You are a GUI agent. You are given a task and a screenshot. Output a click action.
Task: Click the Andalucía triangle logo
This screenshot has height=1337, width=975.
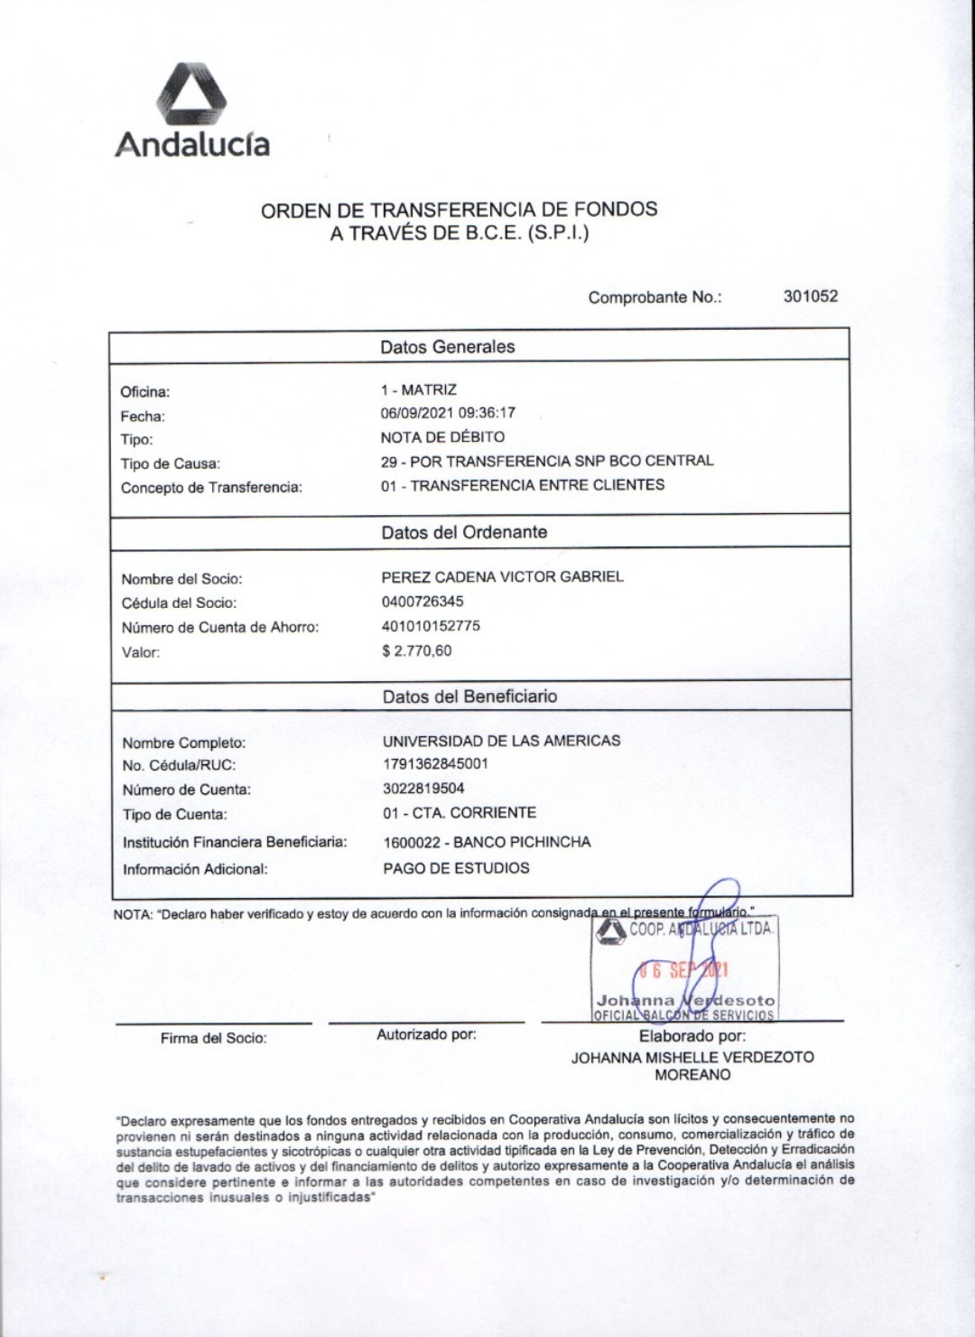point(190,94)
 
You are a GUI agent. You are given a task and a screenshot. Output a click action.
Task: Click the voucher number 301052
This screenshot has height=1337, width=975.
point(810,296)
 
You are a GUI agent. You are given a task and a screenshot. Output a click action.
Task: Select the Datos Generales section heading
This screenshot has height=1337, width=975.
point(447,347)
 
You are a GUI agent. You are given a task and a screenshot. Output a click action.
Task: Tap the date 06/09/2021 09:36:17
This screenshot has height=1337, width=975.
point(448,414)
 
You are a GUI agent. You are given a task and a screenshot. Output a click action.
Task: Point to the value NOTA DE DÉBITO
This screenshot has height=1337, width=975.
point(442,437)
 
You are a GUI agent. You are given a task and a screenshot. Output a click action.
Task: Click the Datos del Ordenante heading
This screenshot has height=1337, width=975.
point(464,532)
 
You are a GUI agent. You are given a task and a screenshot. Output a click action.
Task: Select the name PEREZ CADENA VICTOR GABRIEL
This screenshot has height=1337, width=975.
point(502,576)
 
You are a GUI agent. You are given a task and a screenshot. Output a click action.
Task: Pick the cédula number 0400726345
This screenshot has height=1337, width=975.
point(422,601)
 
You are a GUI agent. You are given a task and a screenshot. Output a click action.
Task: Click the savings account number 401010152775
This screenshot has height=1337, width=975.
point(431,625)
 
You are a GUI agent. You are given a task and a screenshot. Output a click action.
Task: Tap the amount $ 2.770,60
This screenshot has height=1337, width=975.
point(417,650)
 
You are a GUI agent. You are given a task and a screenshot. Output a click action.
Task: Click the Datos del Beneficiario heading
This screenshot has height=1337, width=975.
point(469,697)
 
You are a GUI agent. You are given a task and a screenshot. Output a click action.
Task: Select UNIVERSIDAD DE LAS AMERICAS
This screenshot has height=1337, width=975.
point(501,741)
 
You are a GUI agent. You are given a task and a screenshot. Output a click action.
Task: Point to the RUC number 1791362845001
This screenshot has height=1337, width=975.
point(435,764)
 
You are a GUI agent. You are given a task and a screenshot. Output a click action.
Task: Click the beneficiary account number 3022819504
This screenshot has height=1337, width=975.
point(423,789)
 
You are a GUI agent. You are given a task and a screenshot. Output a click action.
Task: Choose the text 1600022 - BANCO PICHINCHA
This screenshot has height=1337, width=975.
point(487,842)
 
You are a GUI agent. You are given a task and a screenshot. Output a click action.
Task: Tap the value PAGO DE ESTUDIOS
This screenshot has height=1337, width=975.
point(456,868)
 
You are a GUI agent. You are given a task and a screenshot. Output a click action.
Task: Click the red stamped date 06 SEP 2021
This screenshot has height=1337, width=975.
point(683,971)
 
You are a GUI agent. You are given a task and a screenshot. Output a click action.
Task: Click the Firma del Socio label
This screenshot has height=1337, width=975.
point(214,1039)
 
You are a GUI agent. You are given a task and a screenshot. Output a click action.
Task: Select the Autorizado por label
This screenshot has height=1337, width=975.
point(426,1034)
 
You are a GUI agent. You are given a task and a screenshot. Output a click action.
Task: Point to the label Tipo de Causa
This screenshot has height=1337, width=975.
point(171,463)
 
